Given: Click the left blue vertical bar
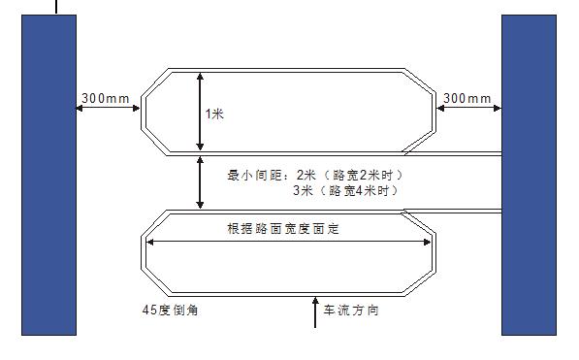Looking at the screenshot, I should click(48, 175).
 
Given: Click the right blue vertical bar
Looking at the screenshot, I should click(528, 175).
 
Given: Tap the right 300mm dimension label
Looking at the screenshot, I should click(467, 98).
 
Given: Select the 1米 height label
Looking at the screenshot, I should click(214, 114).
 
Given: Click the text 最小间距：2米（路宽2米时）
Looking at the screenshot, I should click(314, 176).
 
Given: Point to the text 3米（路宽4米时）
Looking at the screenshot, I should click(346, 191).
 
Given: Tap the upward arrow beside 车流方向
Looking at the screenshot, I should click(315, 312).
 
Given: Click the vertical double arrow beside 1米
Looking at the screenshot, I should click(199, 112).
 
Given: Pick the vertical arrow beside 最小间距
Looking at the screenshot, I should click(199, 181).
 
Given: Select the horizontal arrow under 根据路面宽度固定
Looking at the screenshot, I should click(288, 243).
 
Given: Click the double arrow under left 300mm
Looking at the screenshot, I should click(109, 109).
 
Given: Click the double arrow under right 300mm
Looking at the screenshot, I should click(468, 109).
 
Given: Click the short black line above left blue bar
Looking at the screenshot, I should click(55, 7).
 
